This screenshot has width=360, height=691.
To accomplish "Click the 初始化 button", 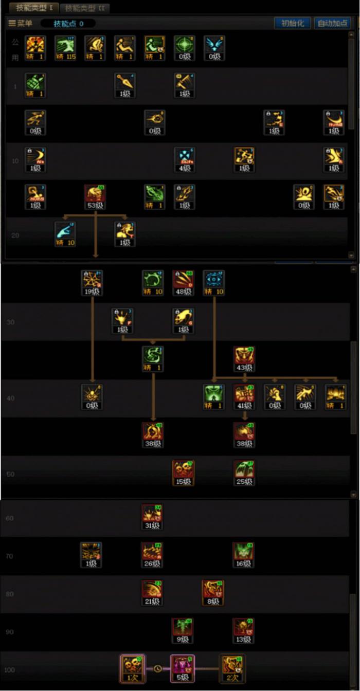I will (292, 23).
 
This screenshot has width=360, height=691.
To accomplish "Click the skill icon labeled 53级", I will (95, 196).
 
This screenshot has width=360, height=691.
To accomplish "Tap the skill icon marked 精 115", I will (65, 48).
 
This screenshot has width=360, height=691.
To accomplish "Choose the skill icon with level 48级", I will (183, 282).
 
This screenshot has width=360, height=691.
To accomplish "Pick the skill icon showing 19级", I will (92, 282).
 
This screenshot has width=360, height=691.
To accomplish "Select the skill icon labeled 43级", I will (244, 358).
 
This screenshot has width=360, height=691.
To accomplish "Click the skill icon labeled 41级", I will (244, 396).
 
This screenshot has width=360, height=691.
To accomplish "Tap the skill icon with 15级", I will (183, 472).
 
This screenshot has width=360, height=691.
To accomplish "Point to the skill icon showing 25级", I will (244, 472).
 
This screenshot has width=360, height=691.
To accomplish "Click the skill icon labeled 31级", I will (153, 516).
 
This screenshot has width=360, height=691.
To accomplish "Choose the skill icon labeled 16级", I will (243, 554).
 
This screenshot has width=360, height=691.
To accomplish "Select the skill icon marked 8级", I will (213, 592).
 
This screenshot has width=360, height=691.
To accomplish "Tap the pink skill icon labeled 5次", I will (183, 667).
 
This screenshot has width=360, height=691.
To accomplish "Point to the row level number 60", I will (9, 518).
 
